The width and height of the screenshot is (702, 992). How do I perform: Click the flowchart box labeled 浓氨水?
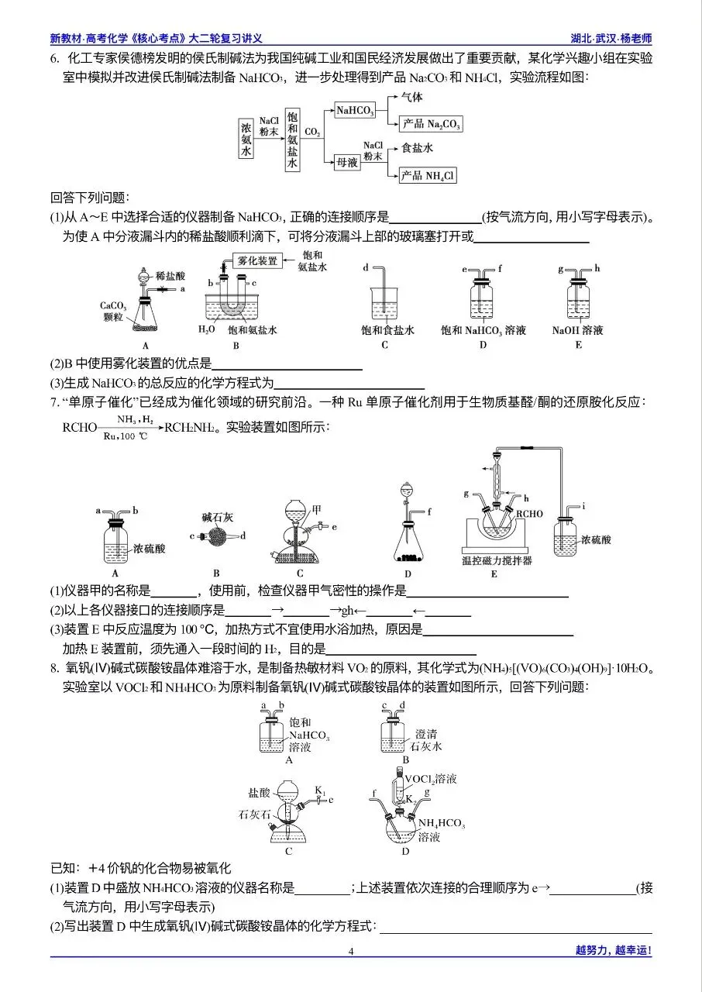pyautogui.click(x=246, y=140)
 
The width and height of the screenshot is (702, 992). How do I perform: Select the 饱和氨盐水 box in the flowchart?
pyautogui.click(x=292, y=140)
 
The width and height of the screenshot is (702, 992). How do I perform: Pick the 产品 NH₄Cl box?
pyautogui.click(x=427, y=177)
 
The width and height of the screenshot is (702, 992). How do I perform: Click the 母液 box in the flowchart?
pyautogui.click(x=346, y=162)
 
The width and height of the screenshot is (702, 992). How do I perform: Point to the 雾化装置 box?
pyautogui.click(x=257, y=261)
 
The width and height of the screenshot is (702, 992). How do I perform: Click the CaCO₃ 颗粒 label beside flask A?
pyautogui.click(x=114, y=311)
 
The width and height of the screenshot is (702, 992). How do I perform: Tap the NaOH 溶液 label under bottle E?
pyautogui.click(x=578, y=331)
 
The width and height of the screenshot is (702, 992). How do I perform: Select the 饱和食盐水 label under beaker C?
pyautogui.click(x=387, y=331)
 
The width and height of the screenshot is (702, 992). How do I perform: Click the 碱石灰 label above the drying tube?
pyautogui.click(x=216, y=516)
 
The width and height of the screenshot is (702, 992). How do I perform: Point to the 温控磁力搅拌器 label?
pyautogui.click(x=494, y=560)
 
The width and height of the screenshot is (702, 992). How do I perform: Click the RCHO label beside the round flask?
pyautogui.click(x=530, y=514)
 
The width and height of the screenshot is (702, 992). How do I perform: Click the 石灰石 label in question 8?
pyautogui.click(x=254, y=815)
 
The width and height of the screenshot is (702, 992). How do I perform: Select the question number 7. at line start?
pyautogui.click(x=55, y=402)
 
